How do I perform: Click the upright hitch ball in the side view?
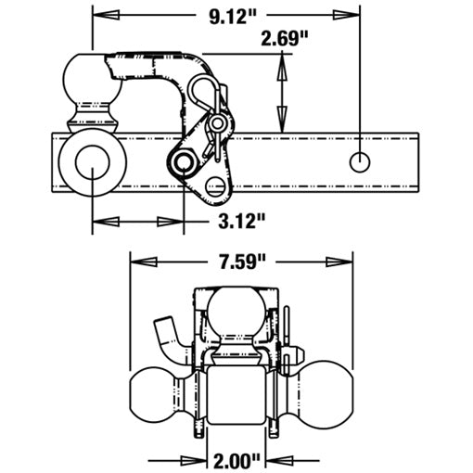(91, 81)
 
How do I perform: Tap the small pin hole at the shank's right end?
(359, 161)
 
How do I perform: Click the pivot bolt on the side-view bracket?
(183, 164)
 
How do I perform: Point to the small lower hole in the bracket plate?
(217, 186)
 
